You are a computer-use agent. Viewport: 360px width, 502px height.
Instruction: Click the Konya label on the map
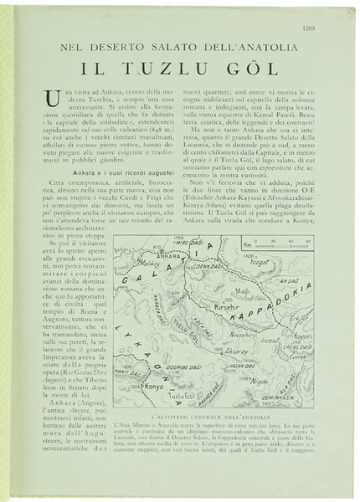(153, 386)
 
